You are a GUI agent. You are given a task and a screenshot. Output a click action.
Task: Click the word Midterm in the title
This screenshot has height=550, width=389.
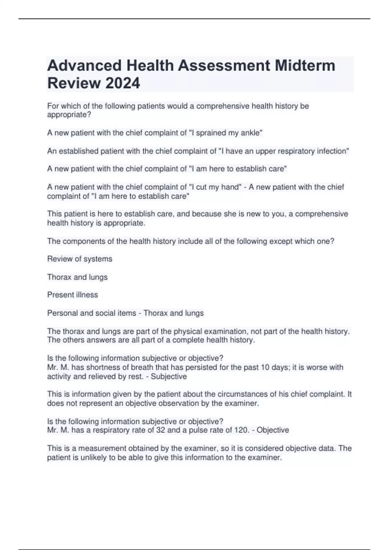305,65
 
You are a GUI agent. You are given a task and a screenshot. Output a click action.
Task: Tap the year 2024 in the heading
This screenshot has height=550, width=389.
123,83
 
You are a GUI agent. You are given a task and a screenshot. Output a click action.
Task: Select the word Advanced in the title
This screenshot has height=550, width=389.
84,65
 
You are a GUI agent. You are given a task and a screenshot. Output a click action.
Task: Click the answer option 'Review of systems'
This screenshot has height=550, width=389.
80,259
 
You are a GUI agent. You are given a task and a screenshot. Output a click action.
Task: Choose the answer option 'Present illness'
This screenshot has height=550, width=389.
73,295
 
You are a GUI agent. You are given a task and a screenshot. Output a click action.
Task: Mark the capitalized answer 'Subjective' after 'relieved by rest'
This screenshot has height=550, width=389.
169,377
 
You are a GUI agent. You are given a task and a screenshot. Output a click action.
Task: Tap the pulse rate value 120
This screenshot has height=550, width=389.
240,430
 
